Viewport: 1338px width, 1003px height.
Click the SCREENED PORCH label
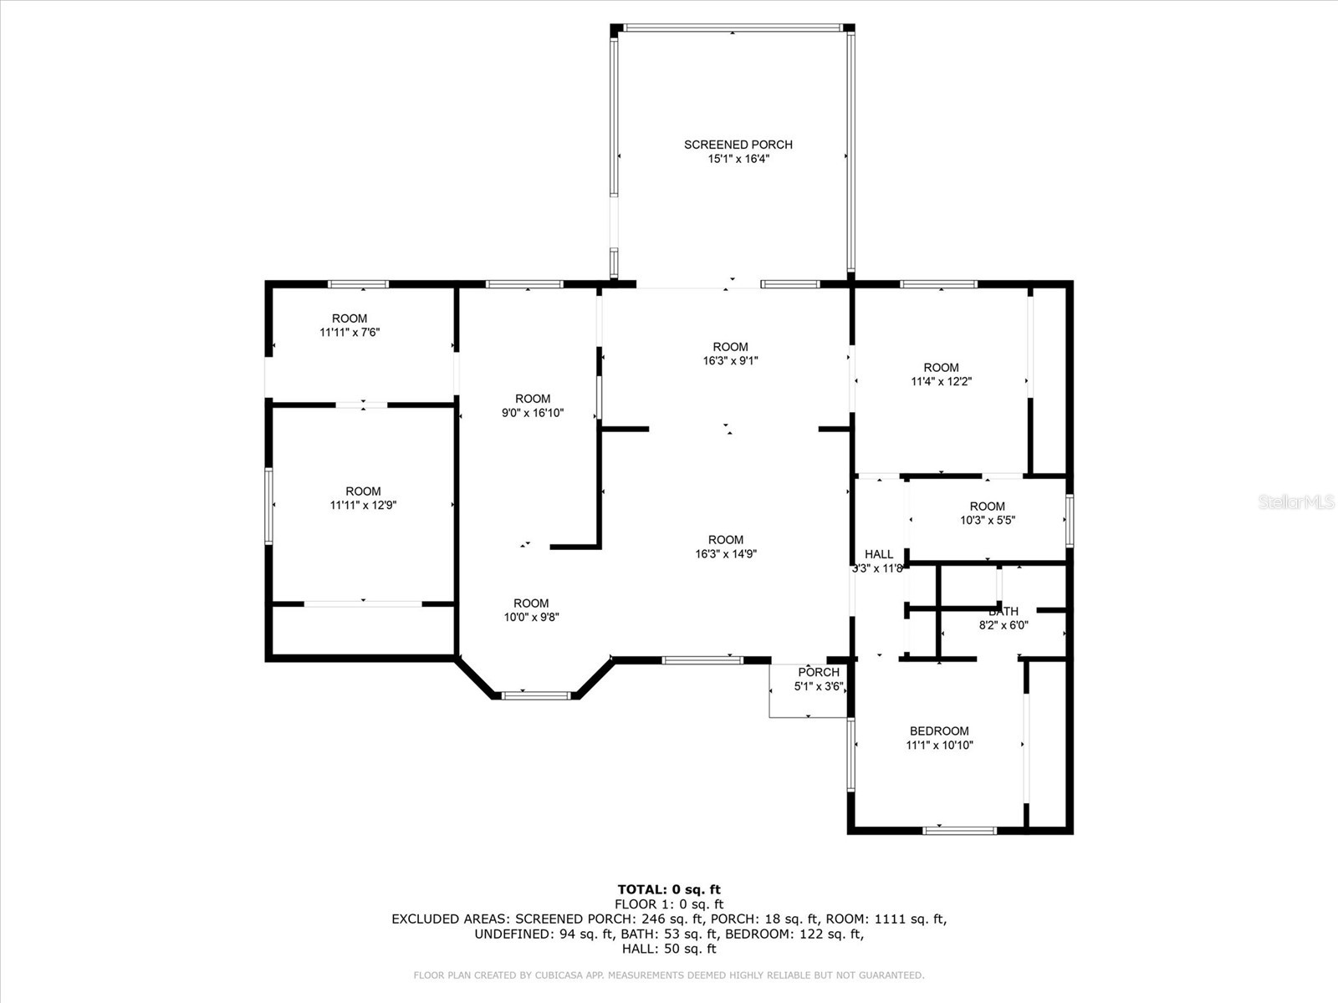738,145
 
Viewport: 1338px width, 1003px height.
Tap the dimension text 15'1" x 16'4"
738,159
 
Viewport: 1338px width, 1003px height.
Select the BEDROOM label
939,731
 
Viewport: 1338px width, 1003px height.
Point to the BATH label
1003,612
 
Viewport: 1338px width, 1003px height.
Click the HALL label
878,554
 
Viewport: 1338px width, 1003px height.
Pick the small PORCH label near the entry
818,673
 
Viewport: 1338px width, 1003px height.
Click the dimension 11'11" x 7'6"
350,333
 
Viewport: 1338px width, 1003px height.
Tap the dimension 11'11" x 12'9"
363,506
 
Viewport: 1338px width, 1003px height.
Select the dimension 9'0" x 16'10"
533,413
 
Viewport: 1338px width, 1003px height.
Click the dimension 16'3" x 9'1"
730,361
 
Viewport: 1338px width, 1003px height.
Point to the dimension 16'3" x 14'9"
725,554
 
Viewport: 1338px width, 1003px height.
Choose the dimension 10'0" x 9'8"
531,618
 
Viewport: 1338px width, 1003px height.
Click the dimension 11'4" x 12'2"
941,382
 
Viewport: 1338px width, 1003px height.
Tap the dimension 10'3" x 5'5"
987,521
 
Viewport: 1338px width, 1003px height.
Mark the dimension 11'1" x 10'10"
939,746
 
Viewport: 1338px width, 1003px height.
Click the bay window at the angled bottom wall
535,695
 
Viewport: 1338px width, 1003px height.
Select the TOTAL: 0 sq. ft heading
668,889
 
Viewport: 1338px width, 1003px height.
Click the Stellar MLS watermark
1295,501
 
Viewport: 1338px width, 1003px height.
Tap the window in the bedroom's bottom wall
959,830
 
